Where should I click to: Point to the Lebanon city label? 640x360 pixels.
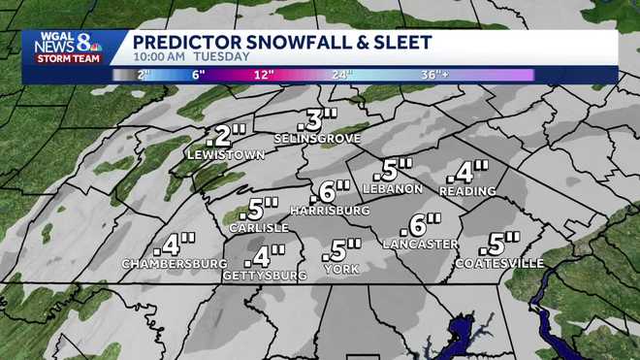392,187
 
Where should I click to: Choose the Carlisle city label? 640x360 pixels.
259,227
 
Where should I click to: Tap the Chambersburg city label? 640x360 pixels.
168,263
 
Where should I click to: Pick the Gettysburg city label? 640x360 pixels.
264,276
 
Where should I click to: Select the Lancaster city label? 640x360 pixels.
420,244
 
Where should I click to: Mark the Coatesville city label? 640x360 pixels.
499,263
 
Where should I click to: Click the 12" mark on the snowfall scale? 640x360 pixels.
261,75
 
